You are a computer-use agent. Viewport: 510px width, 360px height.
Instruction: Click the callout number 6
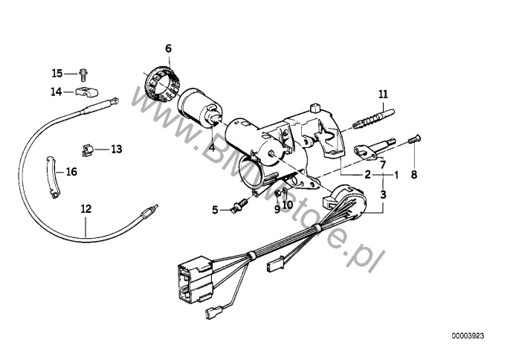168,48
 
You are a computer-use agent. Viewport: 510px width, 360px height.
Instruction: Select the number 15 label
57,73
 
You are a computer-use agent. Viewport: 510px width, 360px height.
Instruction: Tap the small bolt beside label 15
83,74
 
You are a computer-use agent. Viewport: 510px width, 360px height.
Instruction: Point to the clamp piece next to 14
87,92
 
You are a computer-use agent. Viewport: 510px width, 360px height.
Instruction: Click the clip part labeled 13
87,150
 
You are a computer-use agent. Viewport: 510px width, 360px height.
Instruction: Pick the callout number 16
71,172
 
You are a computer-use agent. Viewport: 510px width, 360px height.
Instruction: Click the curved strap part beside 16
51,177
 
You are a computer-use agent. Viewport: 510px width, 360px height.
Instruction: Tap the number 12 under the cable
86,209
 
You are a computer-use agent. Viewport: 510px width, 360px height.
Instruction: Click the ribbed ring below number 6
161,85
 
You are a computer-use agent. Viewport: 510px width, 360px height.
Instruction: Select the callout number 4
212,148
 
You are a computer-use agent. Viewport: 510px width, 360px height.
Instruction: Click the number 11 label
383,94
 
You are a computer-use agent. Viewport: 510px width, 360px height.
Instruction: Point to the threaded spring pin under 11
373,119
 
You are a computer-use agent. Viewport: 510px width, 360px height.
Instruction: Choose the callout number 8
413,175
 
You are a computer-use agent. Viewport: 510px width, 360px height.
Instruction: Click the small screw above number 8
414,140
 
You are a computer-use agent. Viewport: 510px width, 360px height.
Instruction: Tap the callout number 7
383,164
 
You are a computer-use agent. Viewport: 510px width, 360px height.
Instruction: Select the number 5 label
215,210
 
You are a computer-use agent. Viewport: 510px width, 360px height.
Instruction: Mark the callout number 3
383,195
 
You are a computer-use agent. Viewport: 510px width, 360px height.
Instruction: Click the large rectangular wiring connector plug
195,278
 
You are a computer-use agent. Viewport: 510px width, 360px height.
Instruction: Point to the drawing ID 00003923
468,336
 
